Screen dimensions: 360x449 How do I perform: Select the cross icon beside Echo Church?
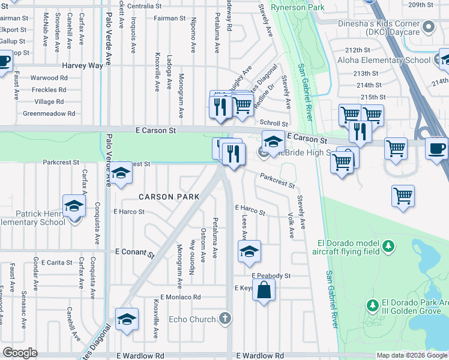[x=225, y=318]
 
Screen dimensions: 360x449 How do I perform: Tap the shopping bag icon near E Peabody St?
[x=264, y=292]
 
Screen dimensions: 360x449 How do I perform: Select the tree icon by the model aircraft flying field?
[x=388, y=246]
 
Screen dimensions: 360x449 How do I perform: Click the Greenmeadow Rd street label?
[x=49, y=113]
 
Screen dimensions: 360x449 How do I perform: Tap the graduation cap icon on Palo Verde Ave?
[x=121, y=174]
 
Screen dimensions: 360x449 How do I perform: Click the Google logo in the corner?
[x=20, y=352]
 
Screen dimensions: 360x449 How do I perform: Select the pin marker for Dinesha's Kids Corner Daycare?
[x=429, y=26]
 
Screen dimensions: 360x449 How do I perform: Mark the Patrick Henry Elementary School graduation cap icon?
[x=74, y=206]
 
